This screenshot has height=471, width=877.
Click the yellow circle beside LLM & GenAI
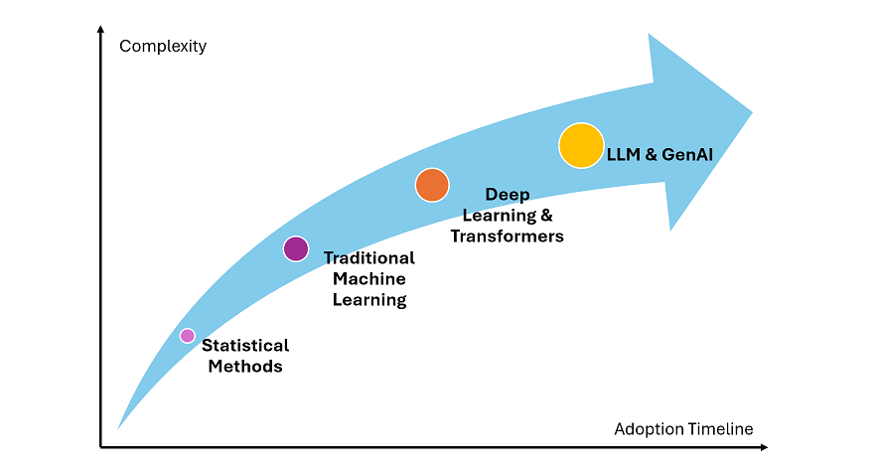click(x=581, y=145)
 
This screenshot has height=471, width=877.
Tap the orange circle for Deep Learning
click(x=432, y=185)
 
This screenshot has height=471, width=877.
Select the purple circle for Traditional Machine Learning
click(x=296, y=249)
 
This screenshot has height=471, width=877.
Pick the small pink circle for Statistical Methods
click(x=188, y=336)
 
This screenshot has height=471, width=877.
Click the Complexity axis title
click(x=163, y=46)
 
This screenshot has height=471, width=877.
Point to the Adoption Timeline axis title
click(x=683, y=429)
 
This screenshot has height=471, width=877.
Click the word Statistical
click(x=245, y=345)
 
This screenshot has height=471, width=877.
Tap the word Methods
click(x=245, y=367)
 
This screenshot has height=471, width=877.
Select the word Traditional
click(x=369, y=258)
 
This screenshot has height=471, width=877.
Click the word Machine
click(x=369, y=278)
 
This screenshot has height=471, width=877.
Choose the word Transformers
click(x=507, y=236)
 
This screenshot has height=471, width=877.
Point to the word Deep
click(x=508, y=194)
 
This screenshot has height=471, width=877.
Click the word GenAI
click(x=687, y=154)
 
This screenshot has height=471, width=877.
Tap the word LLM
click(x=624, y=154)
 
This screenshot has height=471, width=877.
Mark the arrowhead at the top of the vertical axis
click(x=100, y=29)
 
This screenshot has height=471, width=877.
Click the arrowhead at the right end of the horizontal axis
click(x=764, y=447)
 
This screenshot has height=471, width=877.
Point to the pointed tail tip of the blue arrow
click(x=118, y=428)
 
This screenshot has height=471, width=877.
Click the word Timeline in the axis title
click(x=720, y=429)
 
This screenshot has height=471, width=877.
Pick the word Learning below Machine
click(x=369, y=300)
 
